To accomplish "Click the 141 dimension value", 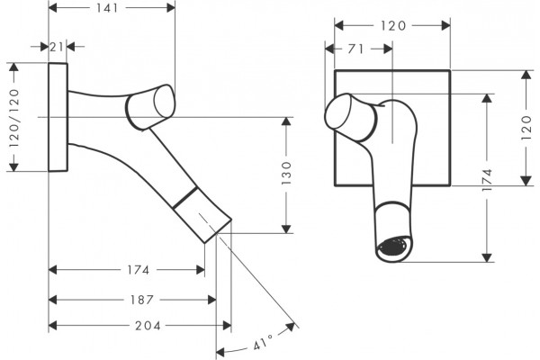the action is point(107,8).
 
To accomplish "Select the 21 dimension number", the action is point(57,47).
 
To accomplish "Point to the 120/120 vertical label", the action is point(14,118).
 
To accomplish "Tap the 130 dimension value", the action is point(286,174).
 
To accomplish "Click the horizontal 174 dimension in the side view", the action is point(139,270).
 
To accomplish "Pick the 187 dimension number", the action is point(141,300).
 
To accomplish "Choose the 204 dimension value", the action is point(148,326).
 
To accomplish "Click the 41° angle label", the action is point(263,342).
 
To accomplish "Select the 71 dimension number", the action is point(355,49).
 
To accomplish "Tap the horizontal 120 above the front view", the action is point(393,25).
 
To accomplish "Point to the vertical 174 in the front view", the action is point(487,180).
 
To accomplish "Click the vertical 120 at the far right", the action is point(526,128).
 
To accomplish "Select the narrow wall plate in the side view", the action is point(58,117).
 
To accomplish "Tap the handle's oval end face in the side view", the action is point(165,102).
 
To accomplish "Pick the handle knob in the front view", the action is point(349,117).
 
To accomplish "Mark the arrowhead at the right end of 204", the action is point(227,326).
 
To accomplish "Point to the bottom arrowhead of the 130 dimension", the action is point(286,229).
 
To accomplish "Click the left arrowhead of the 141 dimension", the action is point(53,8).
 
